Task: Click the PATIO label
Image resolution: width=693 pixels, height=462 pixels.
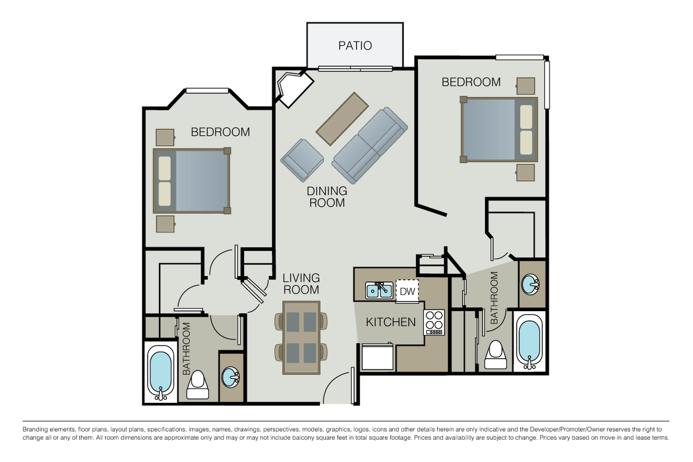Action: pos(355,46)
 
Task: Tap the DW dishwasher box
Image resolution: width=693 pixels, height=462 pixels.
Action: pos(407,291)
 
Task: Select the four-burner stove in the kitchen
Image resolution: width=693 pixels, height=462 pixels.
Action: pos(434,322)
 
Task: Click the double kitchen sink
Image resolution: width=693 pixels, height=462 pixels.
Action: pos(379,290)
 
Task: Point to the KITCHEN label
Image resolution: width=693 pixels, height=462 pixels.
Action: pos(391,322)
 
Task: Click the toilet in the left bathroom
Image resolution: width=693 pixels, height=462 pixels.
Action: pos(198,385)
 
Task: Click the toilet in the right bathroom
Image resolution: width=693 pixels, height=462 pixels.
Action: pos(495,355)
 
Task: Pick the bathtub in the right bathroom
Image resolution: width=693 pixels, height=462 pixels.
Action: pos(529,342)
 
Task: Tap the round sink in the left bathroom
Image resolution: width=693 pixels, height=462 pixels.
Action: pos(230,377)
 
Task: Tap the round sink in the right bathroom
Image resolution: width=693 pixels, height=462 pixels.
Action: pos(530,284)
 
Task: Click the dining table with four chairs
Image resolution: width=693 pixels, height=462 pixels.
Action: pos(301,337)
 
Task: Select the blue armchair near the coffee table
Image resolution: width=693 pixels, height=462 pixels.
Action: pos(302,160)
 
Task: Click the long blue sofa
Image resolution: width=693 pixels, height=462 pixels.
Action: pos(370,145)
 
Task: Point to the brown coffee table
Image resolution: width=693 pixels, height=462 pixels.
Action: pos(342,119)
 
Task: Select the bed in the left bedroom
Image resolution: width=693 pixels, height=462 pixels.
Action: pos(192,180)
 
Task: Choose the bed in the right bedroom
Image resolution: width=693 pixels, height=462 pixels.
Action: pos(499,130)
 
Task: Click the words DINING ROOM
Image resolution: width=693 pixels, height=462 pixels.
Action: pos(327,197)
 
